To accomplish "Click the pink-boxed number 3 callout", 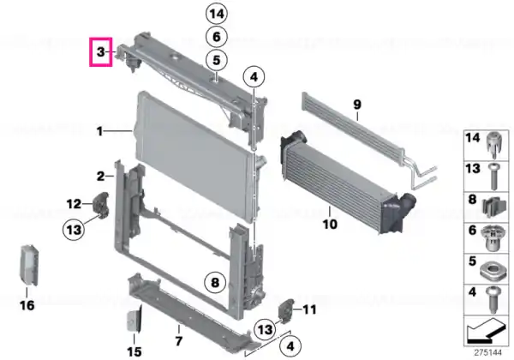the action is (101, 51).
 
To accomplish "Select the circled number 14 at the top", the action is (217, 14).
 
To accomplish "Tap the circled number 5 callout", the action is (217, 60).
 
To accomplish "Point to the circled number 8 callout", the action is (215, 282).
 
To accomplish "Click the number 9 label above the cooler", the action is (357, 105).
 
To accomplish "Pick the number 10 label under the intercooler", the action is (330, 225).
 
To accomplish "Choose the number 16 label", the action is (27, 306).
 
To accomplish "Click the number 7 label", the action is (178, 341).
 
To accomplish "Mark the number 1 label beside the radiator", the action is (99, 131).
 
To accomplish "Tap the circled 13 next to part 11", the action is (266, 329).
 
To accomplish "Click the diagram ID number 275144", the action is (488, 353).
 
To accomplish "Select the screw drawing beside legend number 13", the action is (493, 177).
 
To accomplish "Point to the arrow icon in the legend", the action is (486, 330).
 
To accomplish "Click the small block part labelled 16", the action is (29, 266).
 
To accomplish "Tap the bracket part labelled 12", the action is (101, 205).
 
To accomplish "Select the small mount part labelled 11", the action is (285, 310).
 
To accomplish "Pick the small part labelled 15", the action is (134, 320).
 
